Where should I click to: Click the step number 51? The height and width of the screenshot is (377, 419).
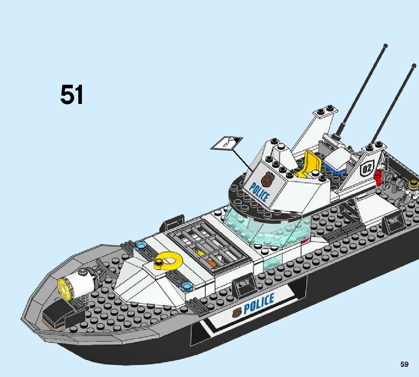(72, 95)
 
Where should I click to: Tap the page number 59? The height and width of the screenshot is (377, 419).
(404, 364)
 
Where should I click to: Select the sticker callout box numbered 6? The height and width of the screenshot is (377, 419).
(227, 143)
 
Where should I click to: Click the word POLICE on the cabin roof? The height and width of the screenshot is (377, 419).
(260, 192)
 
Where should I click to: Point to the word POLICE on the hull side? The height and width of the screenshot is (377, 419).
(259, 304)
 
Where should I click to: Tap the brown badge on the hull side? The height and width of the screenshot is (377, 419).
(237, 312)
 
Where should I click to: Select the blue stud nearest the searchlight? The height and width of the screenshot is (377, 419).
(139, 245)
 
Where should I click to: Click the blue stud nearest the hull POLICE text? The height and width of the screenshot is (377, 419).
(188, 285)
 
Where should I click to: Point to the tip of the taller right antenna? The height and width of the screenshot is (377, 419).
(414, 66)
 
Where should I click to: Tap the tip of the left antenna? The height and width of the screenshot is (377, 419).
(385, 46)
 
